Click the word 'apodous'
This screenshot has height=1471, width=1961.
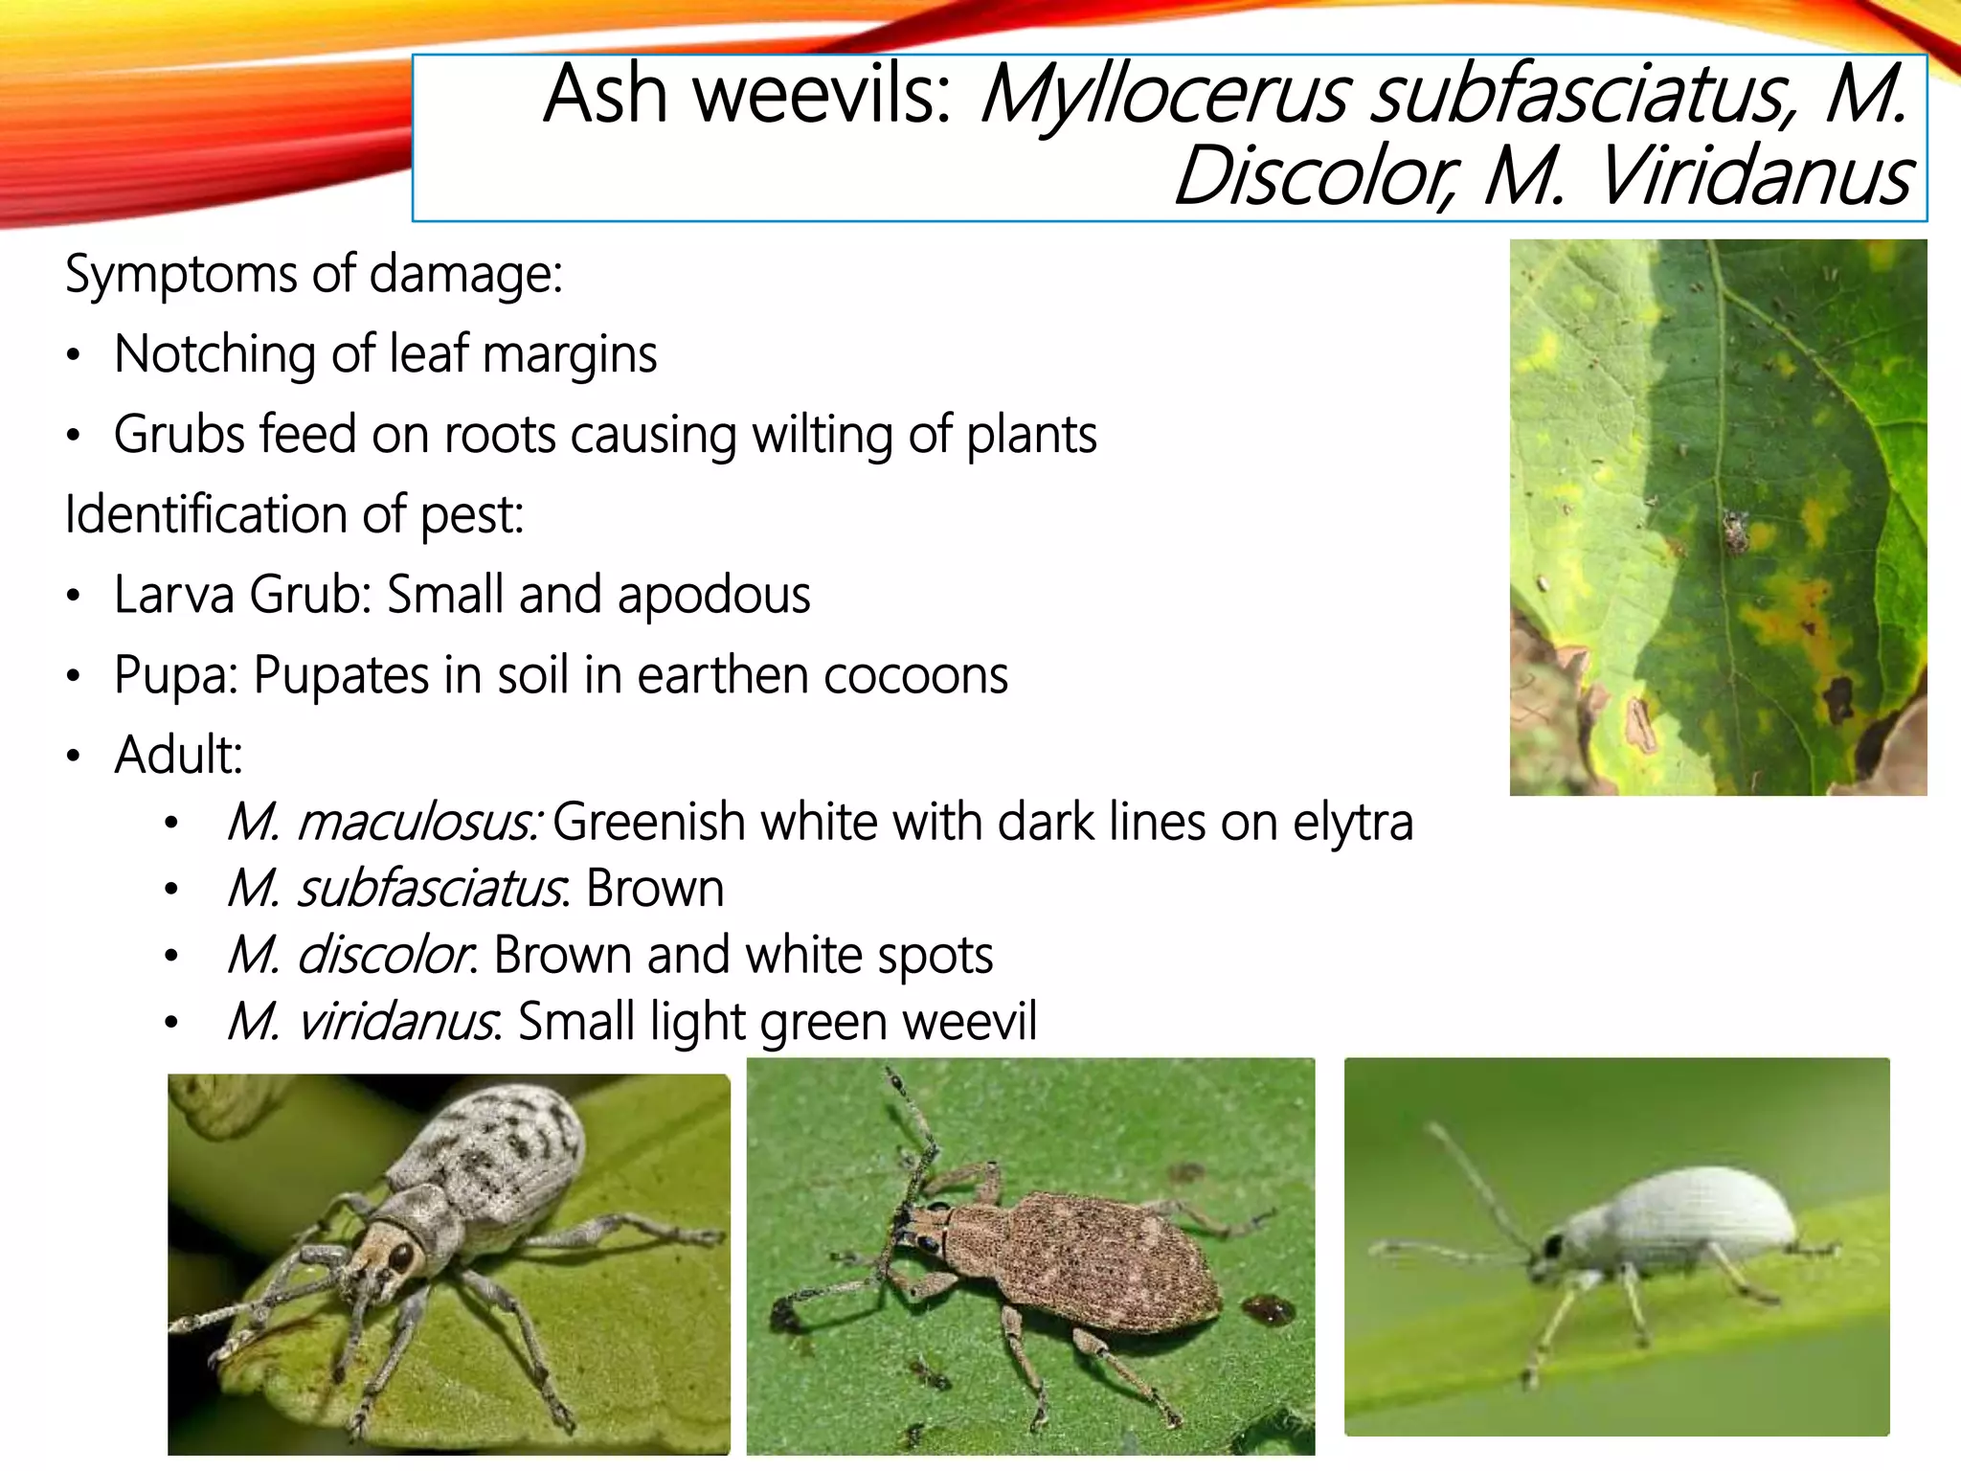(x=713, y=595)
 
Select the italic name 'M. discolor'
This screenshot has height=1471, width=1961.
(x=350, y=956)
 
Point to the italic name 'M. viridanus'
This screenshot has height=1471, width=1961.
(x=362, y=1022)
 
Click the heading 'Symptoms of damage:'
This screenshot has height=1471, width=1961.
(x=313, y=275)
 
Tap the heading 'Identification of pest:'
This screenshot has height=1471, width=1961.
(x=294, y=515)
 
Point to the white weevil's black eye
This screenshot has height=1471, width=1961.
(x=1550, y=1247)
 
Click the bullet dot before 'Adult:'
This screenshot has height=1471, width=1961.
(x=74, y=757)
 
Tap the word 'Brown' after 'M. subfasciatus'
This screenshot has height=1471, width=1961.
(x=655, y=890)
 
